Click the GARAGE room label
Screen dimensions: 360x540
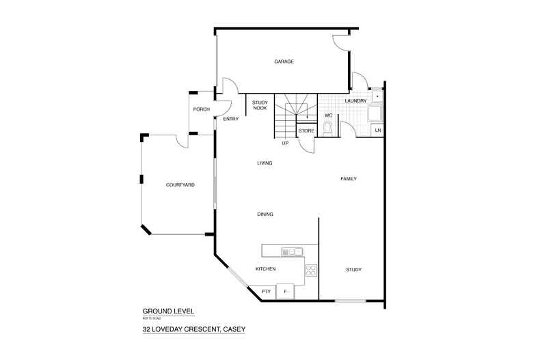284,61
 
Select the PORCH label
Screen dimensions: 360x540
201,110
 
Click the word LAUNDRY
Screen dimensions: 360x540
356,101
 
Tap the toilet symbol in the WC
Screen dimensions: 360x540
327,128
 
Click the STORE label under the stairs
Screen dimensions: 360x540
306,130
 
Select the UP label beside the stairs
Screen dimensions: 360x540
285,143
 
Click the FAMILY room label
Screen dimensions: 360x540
349,179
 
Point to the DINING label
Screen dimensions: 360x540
265,214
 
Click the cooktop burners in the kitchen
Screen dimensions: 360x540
310,269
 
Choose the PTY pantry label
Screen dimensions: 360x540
267,292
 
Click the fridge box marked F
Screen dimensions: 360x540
286,292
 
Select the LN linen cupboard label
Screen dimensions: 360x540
377,130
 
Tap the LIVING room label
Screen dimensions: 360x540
265,163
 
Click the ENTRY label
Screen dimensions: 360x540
231,119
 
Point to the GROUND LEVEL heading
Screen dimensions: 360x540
167,311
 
